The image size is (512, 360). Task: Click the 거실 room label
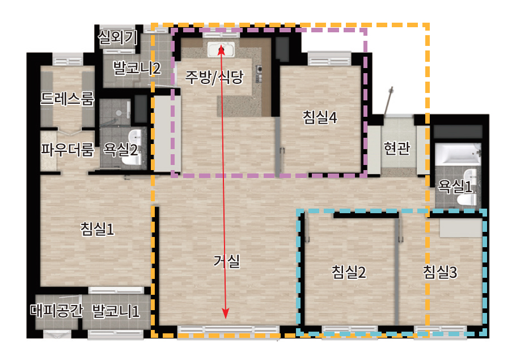pos(227,261)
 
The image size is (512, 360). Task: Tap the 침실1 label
pos(98,229)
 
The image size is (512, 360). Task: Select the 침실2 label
pos(349,272)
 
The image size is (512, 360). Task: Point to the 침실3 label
pos(440,272)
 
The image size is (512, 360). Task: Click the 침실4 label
pos(320,117)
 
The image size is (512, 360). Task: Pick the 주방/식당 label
pos(214,77)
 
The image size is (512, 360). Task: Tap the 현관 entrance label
pos(397,148)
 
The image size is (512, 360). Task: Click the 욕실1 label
pos(455,187)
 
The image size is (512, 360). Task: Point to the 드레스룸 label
pos(67,98)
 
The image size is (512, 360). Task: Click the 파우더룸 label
pos(67,150)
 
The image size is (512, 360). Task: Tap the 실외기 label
pos(117,37)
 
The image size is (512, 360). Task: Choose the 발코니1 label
pos(116,311)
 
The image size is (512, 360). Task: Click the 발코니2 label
pos(137,68)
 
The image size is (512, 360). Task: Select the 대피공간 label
pos(57,310)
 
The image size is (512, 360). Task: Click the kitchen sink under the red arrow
pos(221,50)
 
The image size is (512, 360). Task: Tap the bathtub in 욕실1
pos(458,154)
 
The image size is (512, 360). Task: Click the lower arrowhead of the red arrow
pos(225,314)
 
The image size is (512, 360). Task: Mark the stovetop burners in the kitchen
pos(259,74)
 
